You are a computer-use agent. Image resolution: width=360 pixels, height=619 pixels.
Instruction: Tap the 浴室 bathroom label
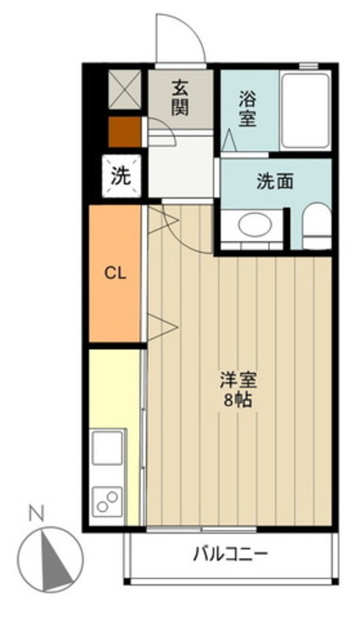(x=247, y=109)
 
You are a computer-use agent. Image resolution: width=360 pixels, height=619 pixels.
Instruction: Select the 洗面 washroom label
(x=275, y=182)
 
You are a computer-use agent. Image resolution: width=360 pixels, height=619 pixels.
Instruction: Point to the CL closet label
(x=115, y=273)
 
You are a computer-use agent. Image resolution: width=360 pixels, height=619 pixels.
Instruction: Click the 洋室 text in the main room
(x=239, y=381)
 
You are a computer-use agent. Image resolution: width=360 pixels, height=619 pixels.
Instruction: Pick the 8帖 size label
(x=238, y=401)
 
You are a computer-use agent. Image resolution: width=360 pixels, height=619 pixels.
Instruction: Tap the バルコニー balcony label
(x=230, y=554)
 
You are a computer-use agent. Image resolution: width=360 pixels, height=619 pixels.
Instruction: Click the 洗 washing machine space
(x=121, y=176)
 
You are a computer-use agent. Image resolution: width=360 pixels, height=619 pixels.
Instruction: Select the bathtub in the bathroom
(x=306, y=110)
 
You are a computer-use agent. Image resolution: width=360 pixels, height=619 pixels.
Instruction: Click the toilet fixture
(x=317, y=226)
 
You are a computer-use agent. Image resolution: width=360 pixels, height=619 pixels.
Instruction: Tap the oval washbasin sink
(x=255, y=224)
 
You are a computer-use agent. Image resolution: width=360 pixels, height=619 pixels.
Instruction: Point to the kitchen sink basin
(x=107, y=447)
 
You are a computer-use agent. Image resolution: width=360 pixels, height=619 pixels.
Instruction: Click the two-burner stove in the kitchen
(x=107, y=501)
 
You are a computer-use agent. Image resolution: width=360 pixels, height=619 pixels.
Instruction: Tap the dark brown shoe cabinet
(x=125, y=132)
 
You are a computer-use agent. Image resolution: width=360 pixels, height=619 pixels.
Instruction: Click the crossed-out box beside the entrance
(x=125, y=89)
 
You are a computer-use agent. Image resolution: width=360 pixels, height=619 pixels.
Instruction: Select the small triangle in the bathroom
(x=229, y=141)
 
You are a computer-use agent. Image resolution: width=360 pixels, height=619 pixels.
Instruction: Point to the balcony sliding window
(x=202, y=529)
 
